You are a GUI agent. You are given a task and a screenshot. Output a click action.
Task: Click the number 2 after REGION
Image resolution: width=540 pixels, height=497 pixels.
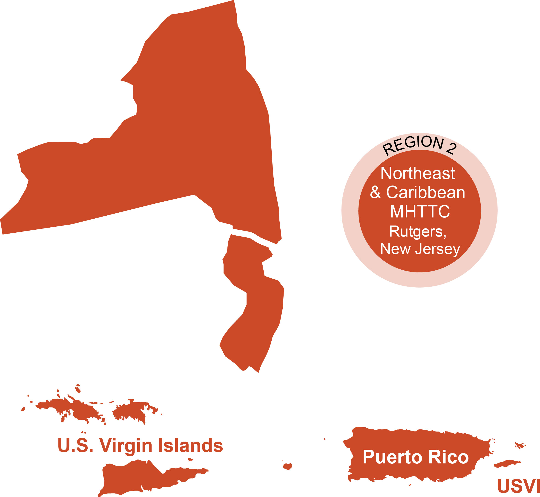coord(451,149)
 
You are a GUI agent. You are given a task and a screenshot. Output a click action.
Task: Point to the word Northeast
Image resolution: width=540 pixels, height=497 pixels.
coord(418,174)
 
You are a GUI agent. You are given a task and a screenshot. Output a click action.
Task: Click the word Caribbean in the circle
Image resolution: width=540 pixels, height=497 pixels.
coord(426,193)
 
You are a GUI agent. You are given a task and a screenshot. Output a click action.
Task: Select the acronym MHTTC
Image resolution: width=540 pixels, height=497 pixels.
coord(420,212)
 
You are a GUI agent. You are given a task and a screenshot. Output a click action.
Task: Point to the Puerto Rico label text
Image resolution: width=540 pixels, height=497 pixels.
coord(416,457)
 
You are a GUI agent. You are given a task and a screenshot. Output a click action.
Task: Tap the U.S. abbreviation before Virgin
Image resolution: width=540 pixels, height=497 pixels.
coord(75,446)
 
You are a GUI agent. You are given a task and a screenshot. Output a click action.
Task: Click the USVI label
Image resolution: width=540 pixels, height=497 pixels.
coord(518,486)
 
